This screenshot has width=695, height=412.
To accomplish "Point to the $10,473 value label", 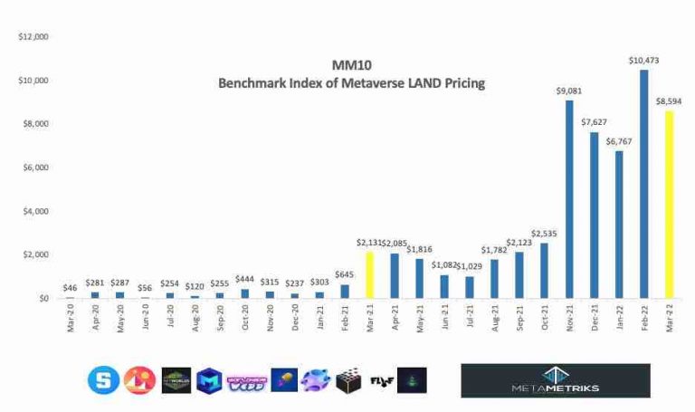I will click(x=643, y=60).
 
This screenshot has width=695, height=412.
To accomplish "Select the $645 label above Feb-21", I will click(x=344, y=274).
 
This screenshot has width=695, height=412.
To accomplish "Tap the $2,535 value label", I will click(x=543, y=234).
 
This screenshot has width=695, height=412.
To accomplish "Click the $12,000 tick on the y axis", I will click(x=33, y=37).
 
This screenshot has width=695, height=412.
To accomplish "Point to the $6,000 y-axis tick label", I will click(x=35, y=168).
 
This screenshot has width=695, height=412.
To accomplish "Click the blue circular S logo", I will click(x=102, y=380).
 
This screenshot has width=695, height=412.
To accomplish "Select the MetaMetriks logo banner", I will click(x=555, y=380).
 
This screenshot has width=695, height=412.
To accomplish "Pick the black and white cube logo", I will click(x=347, y=380).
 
